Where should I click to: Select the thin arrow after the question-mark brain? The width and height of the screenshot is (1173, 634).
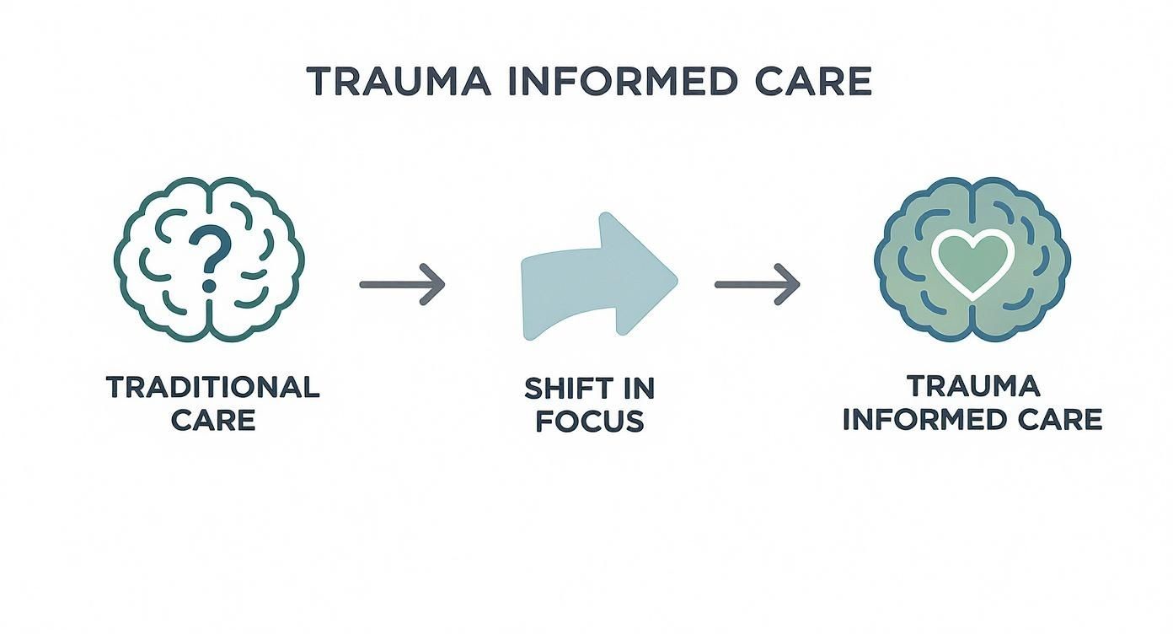[x=402, y=284]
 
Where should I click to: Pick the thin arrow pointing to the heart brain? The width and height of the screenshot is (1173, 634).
[x=757, y=284]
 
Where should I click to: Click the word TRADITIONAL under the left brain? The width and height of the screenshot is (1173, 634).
[x=213, y=388]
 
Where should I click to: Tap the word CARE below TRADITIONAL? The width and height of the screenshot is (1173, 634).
[x=213, y=420]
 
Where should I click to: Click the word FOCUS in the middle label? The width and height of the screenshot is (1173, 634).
[x=590, y=420]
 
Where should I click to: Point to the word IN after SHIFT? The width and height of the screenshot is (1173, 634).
[x=638, y=388]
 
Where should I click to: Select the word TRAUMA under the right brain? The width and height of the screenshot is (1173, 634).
[x=973, y=386]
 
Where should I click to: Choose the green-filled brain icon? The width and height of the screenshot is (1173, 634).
[x=972, y=259]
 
